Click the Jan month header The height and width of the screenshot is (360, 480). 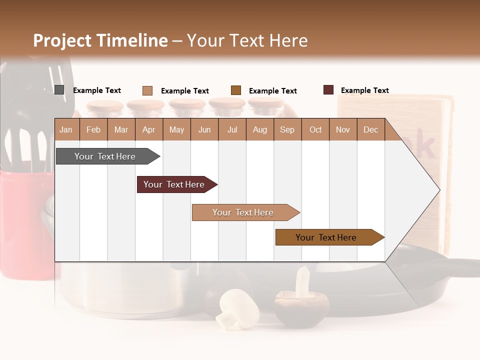66,129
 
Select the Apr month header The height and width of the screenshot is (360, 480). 149,129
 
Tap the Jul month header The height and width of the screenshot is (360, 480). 232,129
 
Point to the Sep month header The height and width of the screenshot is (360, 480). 287,129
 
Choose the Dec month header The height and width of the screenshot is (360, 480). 370,129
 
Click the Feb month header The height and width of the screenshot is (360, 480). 93,129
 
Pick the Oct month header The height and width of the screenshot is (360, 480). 315,129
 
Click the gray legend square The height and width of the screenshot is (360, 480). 59,90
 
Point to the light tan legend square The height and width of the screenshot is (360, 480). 147,90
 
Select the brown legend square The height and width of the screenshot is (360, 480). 236,90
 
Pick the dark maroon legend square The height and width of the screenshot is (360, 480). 328,90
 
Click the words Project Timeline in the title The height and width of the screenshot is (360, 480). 100,40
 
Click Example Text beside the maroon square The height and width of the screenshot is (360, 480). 364,90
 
